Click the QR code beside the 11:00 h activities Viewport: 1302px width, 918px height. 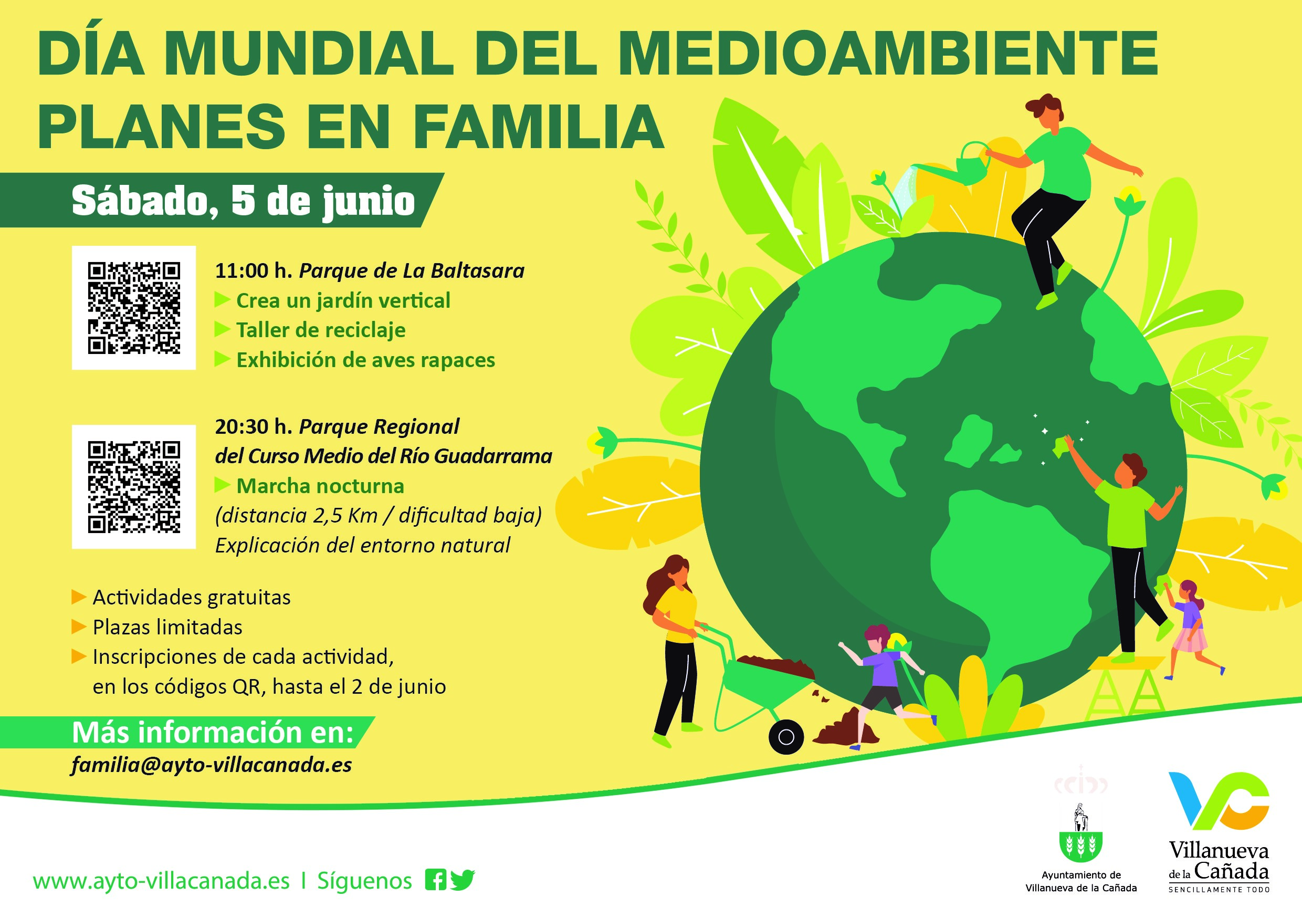tap(134, 308)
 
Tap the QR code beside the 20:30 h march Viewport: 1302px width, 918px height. tap(134, 487)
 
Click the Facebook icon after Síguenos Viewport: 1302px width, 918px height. tap(436, 880)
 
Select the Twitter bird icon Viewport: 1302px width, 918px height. tap(463, 880)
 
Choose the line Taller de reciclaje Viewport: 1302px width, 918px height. tap(321, 330)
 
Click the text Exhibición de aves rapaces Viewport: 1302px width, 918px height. tap(366, 360)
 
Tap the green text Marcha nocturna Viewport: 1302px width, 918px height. tap(320, 486)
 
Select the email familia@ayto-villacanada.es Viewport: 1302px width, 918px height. tap(212, 765)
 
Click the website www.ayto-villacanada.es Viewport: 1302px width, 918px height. tap(161, 881)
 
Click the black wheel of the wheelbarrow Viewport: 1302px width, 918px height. tap(786, 737)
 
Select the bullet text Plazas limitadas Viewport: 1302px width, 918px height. tap(167, 627)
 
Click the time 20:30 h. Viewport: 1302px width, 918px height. tap(254, 426)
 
